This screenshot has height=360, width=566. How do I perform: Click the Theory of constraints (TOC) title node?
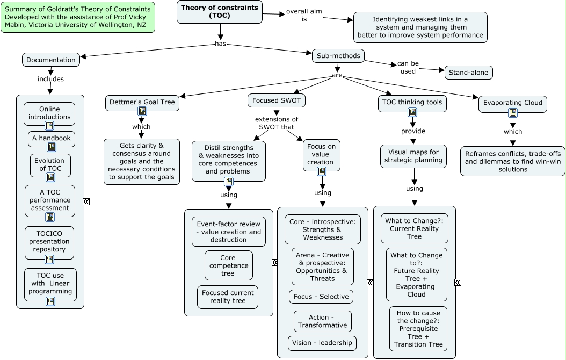click(219, 12)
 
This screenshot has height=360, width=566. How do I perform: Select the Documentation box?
click(51, 60)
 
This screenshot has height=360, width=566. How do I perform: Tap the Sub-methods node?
click(338, 55)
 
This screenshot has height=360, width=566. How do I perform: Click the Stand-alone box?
click(468, 72)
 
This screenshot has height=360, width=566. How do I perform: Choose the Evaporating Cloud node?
click(512, 103)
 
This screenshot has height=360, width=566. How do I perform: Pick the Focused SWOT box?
click(277, 100)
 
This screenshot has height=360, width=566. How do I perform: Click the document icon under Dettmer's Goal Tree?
click(142, 112)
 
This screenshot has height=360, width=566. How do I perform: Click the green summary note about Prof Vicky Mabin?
click(78, 17)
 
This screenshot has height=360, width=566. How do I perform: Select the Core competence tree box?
click(228, 265)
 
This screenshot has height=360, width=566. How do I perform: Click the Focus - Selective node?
click(321, 297)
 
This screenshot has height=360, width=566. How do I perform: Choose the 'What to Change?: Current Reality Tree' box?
click(414, 228)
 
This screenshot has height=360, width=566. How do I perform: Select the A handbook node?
click(52, 138)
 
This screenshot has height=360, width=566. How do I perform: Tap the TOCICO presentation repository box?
click(49, 241)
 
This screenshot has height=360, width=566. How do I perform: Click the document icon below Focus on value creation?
click(322, 171)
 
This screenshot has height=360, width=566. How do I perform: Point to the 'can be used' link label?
click(408, 67)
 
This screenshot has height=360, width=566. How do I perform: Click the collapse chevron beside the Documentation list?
click(86, 201)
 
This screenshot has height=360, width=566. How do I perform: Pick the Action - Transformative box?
click(322, 321)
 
